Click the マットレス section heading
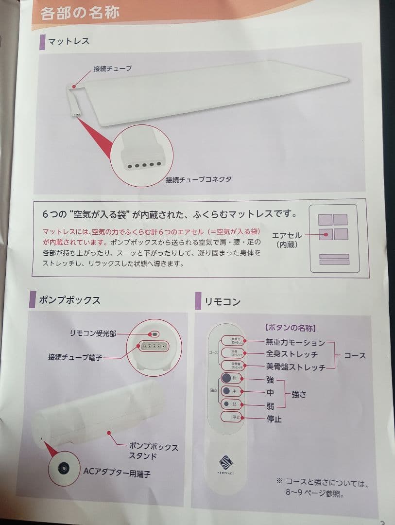[69, 41]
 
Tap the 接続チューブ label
[112, 69]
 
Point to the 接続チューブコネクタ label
[198, 179]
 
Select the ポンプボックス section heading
[69, 300]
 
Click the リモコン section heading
[223, 301]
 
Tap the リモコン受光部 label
[92, 333]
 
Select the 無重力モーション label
[295, 343]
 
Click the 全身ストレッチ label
[292, 354]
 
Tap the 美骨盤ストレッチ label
[295, 367]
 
